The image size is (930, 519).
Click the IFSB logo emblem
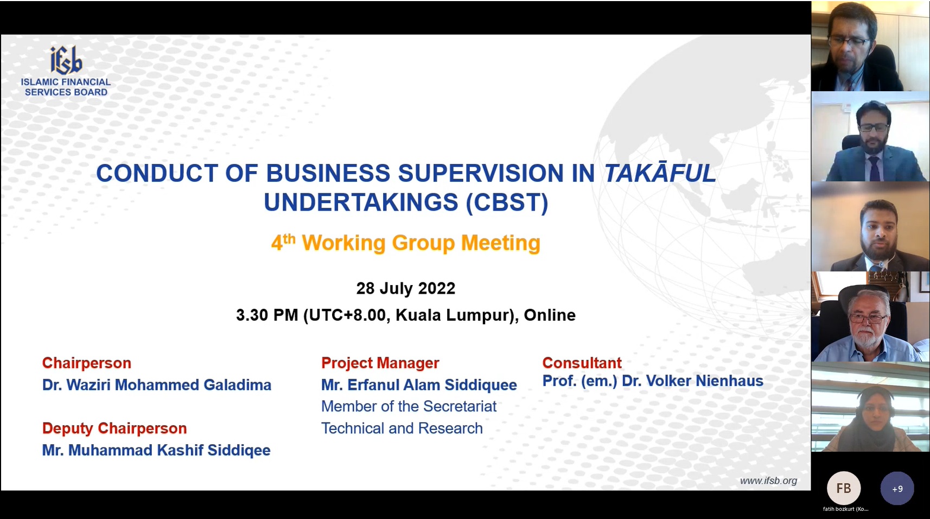coord(66,60)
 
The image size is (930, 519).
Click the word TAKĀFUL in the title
coord(660,173)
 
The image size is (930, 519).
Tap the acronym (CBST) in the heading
coord(507,202)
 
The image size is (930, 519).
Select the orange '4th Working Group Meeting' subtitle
coord(406,243)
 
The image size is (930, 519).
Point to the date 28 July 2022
coord(406,288)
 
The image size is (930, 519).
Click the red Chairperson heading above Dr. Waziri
coord(86,363)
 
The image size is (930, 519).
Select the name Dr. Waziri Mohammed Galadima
coord(156,385)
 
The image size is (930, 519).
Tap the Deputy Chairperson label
coord(114,428)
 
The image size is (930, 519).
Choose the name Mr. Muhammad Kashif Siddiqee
coord(156,450)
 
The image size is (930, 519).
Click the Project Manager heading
coord(380,363)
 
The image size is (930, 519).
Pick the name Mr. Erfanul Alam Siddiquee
coord(419,385)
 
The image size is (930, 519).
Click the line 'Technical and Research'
coord(402,428)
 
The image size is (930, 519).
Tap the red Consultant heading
coord(582,363)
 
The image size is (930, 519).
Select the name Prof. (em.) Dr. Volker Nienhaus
coord(653,381)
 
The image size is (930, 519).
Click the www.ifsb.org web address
coord(768,481)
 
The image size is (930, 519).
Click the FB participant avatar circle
coord(844,488)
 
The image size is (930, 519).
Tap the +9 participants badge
coord(897,488)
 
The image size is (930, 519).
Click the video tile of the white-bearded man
coord(870,317)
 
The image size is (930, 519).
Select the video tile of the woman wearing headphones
coord(870,407)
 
